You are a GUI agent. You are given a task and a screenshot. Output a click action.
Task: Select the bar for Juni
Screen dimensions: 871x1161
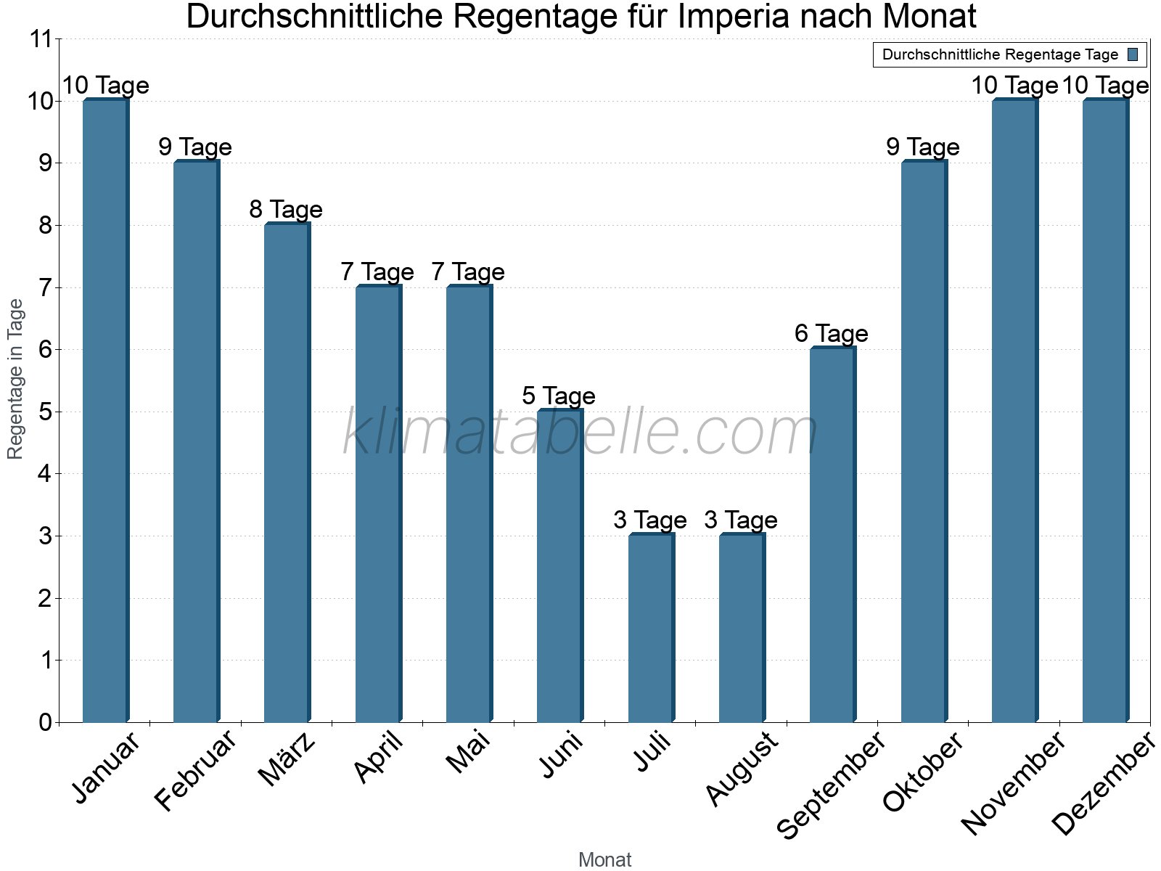pyautogui.click(x=559, y=566)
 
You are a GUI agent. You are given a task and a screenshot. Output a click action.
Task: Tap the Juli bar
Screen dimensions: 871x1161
pyautogui.click(x=651, y=628)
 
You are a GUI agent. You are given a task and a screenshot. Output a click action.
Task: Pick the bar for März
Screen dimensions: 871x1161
pyautogui.click(x=287, y=473)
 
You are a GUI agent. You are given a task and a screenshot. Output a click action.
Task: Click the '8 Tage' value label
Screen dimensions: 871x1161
pyautogui.click(x=286, y=210)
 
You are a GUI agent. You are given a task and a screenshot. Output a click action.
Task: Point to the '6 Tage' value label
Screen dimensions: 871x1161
pyautogui.click(x=832, y=334)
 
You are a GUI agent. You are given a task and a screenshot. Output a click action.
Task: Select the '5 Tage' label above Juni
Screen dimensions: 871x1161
pyautogui.click(x=559, y=396)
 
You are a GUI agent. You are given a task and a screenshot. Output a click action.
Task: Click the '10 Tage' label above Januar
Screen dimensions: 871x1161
pyautogui.click(x=105, y=86)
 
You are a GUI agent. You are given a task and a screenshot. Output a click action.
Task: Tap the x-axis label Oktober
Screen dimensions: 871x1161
pyautogui.click(x=922, y=772)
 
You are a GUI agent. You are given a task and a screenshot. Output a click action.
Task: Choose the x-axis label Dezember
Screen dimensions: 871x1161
pyautogui.click(x=1102, y=784)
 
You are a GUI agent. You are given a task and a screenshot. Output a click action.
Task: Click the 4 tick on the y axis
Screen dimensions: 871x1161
pyautogui.click(x=46, y=475)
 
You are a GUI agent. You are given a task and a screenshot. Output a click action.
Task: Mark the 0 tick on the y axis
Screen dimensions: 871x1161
pyautogui.click(x=46, y=723)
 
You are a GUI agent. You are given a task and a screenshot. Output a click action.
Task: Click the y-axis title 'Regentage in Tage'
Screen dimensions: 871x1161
pyautogui.click(x=15, y=379)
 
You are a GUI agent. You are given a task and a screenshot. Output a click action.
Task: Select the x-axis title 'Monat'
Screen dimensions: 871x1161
pyautogui.click(x=604, y=860)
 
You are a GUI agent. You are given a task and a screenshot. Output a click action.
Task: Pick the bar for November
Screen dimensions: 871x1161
pyautogui.click(x=1014, y=411)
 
